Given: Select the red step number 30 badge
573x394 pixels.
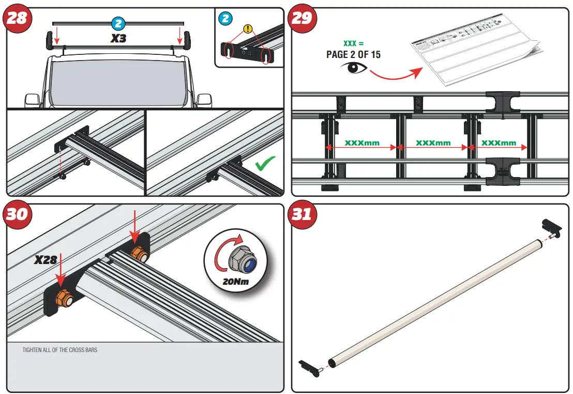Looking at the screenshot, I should pos(18,214).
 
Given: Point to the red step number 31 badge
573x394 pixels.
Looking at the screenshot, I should pos(302,214).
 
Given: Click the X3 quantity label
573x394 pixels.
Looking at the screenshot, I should pos(119,38).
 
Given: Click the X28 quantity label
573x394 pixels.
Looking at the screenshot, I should pos(46,260).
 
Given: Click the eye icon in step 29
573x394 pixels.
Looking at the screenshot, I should pos(353,68).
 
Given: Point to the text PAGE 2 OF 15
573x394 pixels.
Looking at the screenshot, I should pos(353,54).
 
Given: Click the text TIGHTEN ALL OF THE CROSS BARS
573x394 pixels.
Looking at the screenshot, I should pos(59,350).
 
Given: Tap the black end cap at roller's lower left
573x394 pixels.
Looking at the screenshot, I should pos(310,367).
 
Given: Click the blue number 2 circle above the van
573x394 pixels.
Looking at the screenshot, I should pos(118,23).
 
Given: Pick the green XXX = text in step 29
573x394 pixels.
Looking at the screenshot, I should pos(353,43).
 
